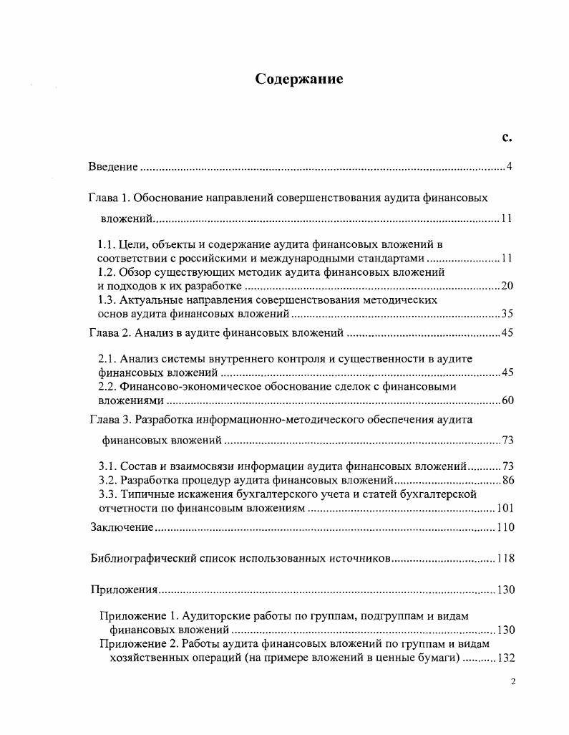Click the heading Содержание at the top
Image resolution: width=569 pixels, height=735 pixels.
(299, 80)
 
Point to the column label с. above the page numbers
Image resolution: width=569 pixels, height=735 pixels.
(507, 136)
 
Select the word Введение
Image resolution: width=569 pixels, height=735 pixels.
(113, 167)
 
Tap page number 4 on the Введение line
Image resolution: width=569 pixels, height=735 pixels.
(509, 167)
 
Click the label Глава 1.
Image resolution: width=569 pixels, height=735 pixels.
(109, 197)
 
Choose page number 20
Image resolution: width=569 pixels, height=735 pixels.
(507, 286)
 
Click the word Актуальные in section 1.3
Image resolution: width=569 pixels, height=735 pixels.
(150, 299)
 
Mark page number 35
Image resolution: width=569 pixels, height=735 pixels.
(507, 314)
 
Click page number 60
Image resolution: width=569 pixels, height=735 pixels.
(507, 400)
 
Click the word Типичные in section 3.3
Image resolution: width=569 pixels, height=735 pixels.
(143, 494)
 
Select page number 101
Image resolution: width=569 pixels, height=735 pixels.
(505, 509)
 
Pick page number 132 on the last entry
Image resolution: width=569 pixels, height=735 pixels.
(505, 658)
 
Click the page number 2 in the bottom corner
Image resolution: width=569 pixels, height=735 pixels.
(512, 682)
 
